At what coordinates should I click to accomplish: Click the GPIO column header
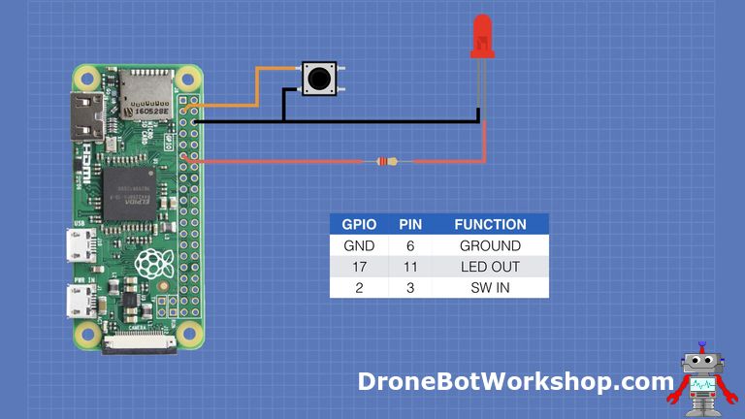[x=359, y=224]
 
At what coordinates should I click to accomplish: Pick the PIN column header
[x=410, y=224]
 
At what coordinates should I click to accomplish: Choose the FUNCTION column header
[x=490, y=224]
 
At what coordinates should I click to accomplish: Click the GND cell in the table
[x=359, y=245]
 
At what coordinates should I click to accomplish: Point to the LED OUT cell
[x=490, y=267]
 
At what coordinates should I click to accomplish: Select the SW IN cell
[x=490, y=288]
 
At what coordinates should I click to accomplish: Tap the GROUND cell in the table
[x=490, y=245]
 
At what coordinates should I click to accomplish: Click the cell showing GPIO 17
[x=359, y=267]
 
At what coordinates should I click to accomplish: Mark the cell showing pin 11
[x=410, y=267]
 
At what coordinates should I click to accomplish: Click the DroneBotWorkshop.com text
[x=514, y=381]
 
